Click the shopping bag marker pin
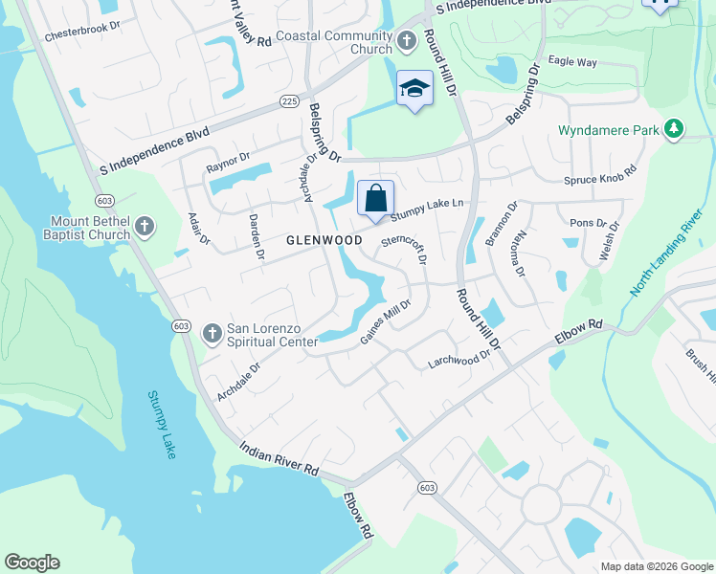click(376, 199)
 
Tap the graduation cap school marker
click(414, 89)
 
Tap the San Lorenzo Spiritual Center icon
click(212, 334)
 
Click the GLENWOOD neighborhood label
click(324, 241)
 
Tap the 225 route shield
click(290, 100)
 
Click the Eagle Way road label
click(572, 62)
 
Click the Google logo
click(32, 563)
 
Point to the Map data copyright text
click(656, 566)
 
